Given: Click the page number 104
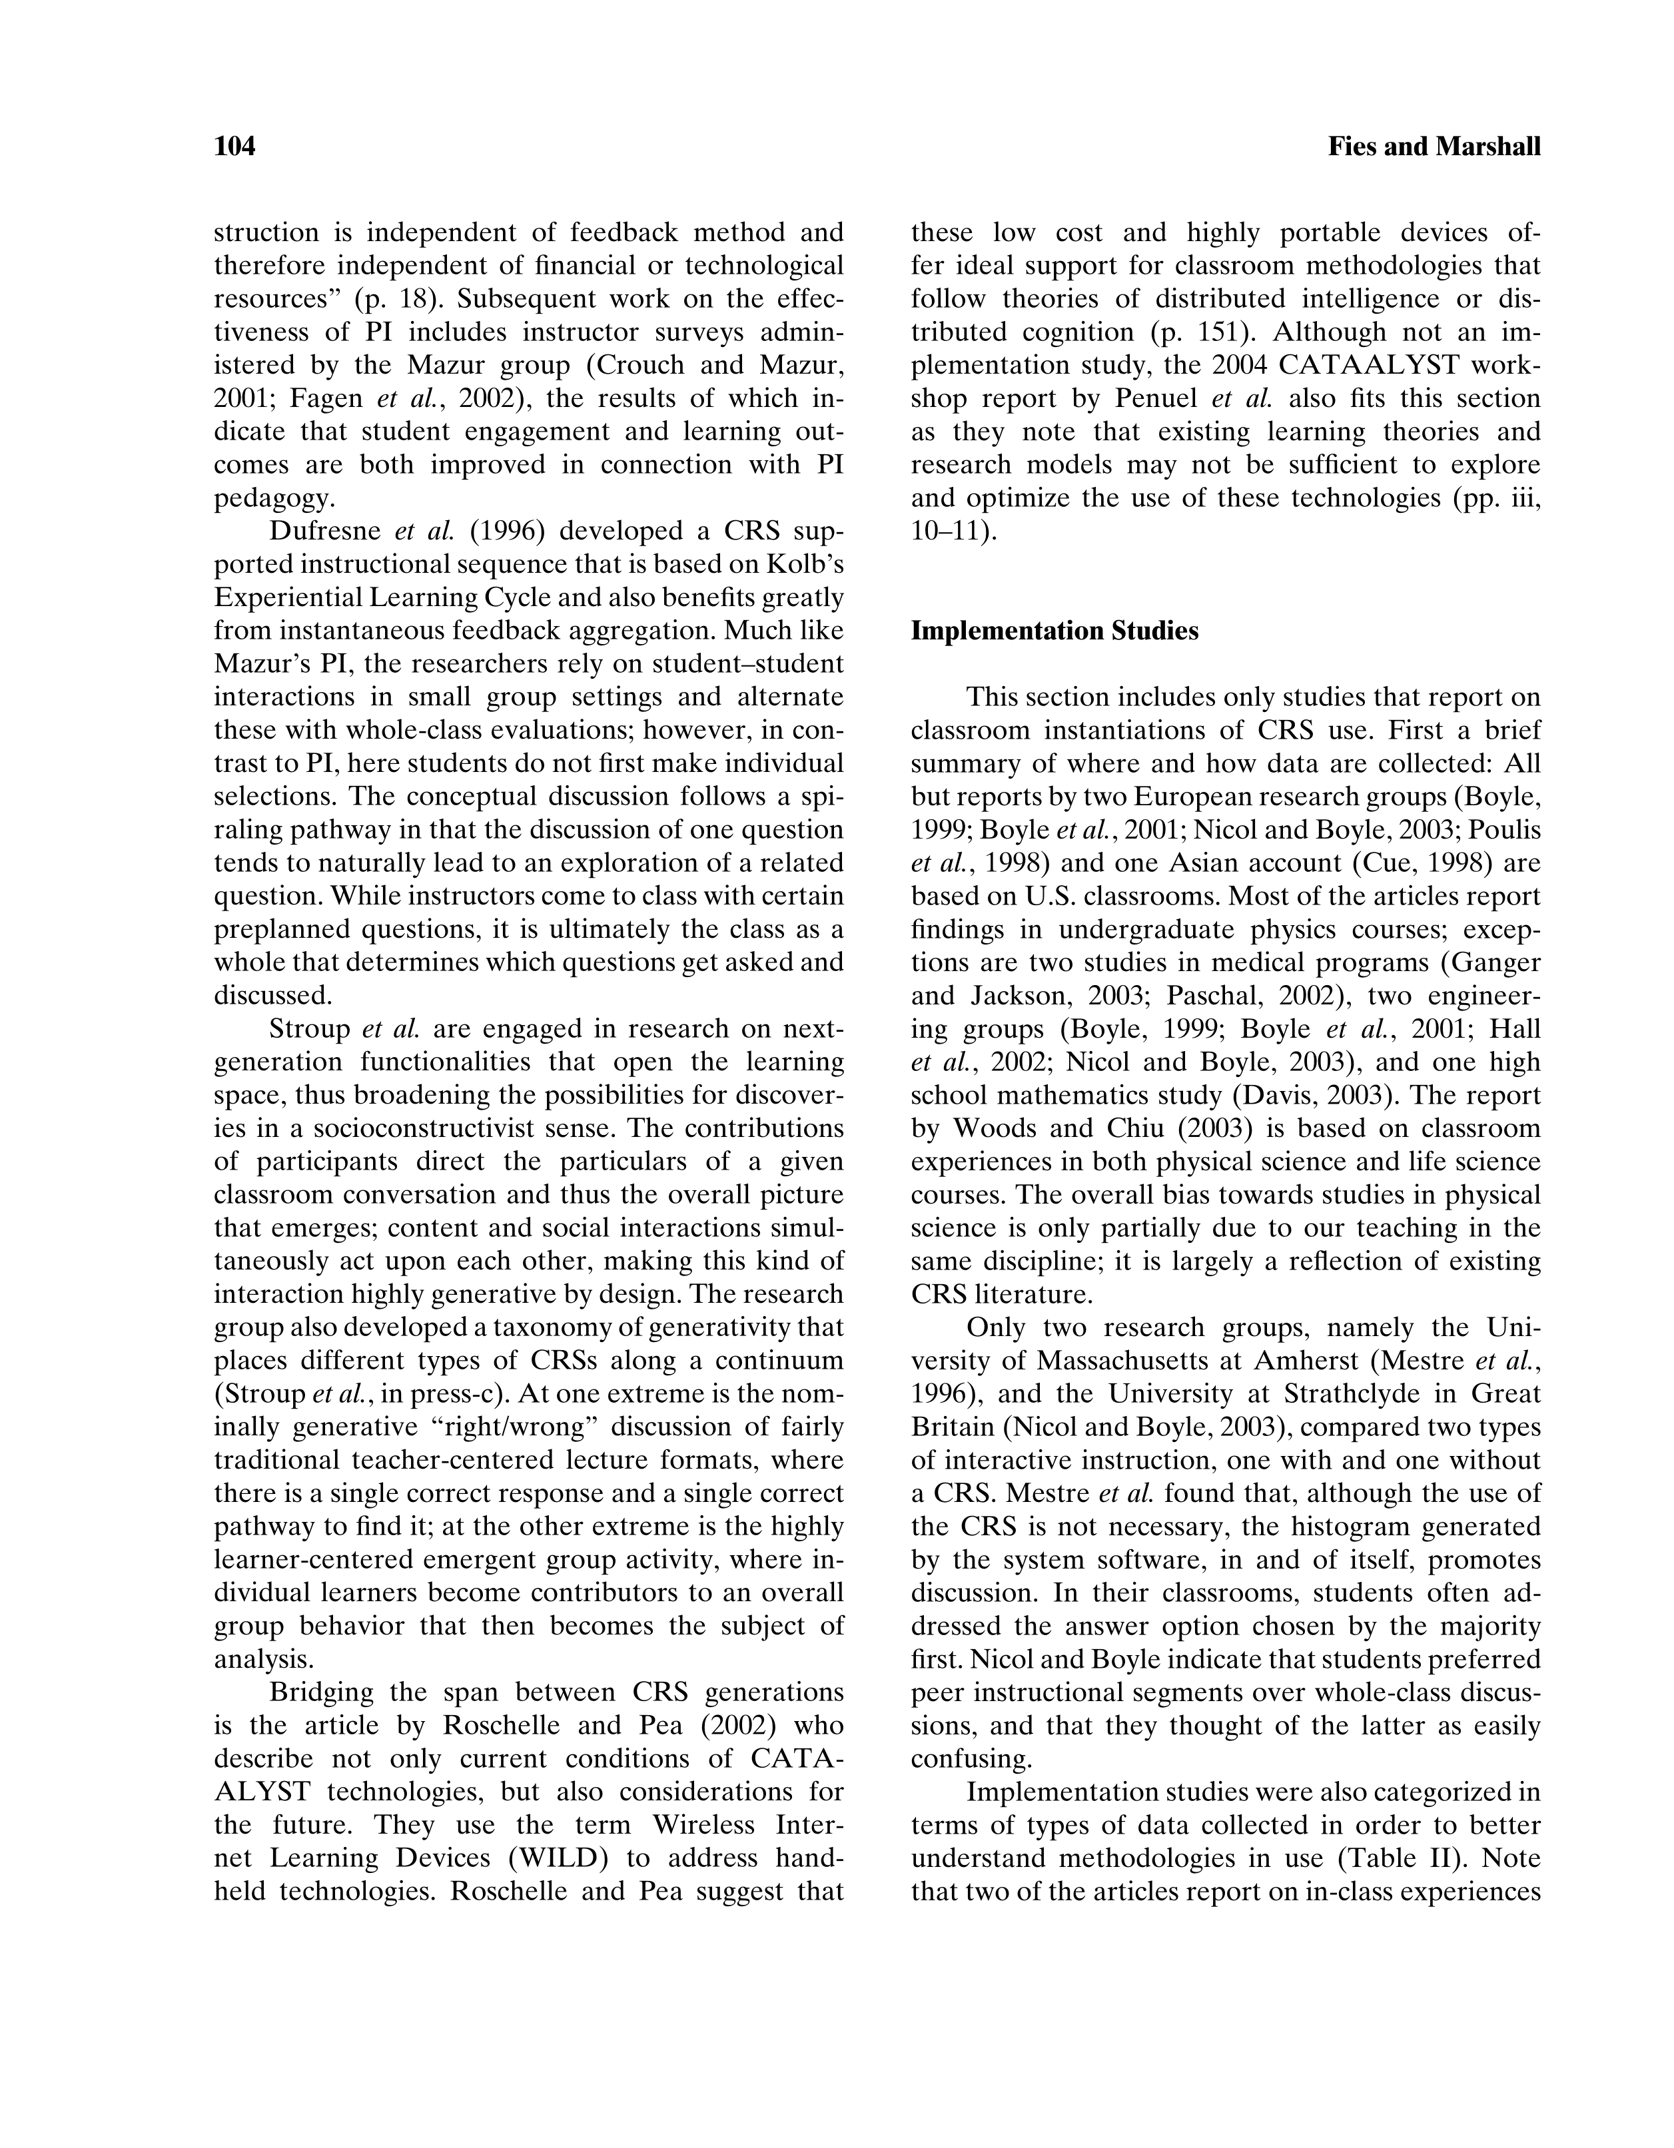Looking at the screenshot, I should pyautogui.click(x=235, y=147).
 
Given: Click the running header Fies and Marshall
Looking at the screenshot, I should pyautogui.click(x=1434, y=147).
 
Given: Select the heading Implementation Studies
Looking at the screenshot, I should pyautogui.click(x=1054, y=631).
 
